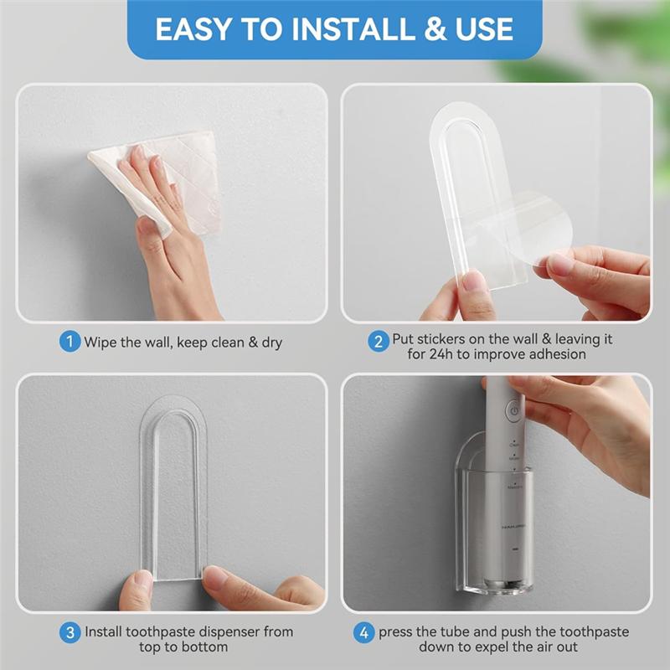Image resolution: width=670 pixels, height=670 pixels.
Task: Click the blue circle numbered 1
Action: click(x=70, y=342)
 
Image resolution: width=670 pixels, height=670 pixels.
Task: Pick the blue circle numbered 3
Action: click(x=70, y=631)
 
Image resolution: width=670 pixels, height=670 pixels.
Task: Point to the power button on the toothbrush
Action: click(x=513, y=412)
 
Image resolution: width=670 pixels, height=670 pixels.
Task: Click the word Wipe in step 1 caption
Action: click(x=100, y=342)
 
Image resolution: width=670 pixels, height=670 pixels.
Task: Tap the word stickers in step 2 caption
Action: click(x=445, y=341)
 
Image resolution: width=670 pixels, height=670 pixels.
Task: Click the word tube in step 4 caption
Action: click(x=467, y=632)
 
